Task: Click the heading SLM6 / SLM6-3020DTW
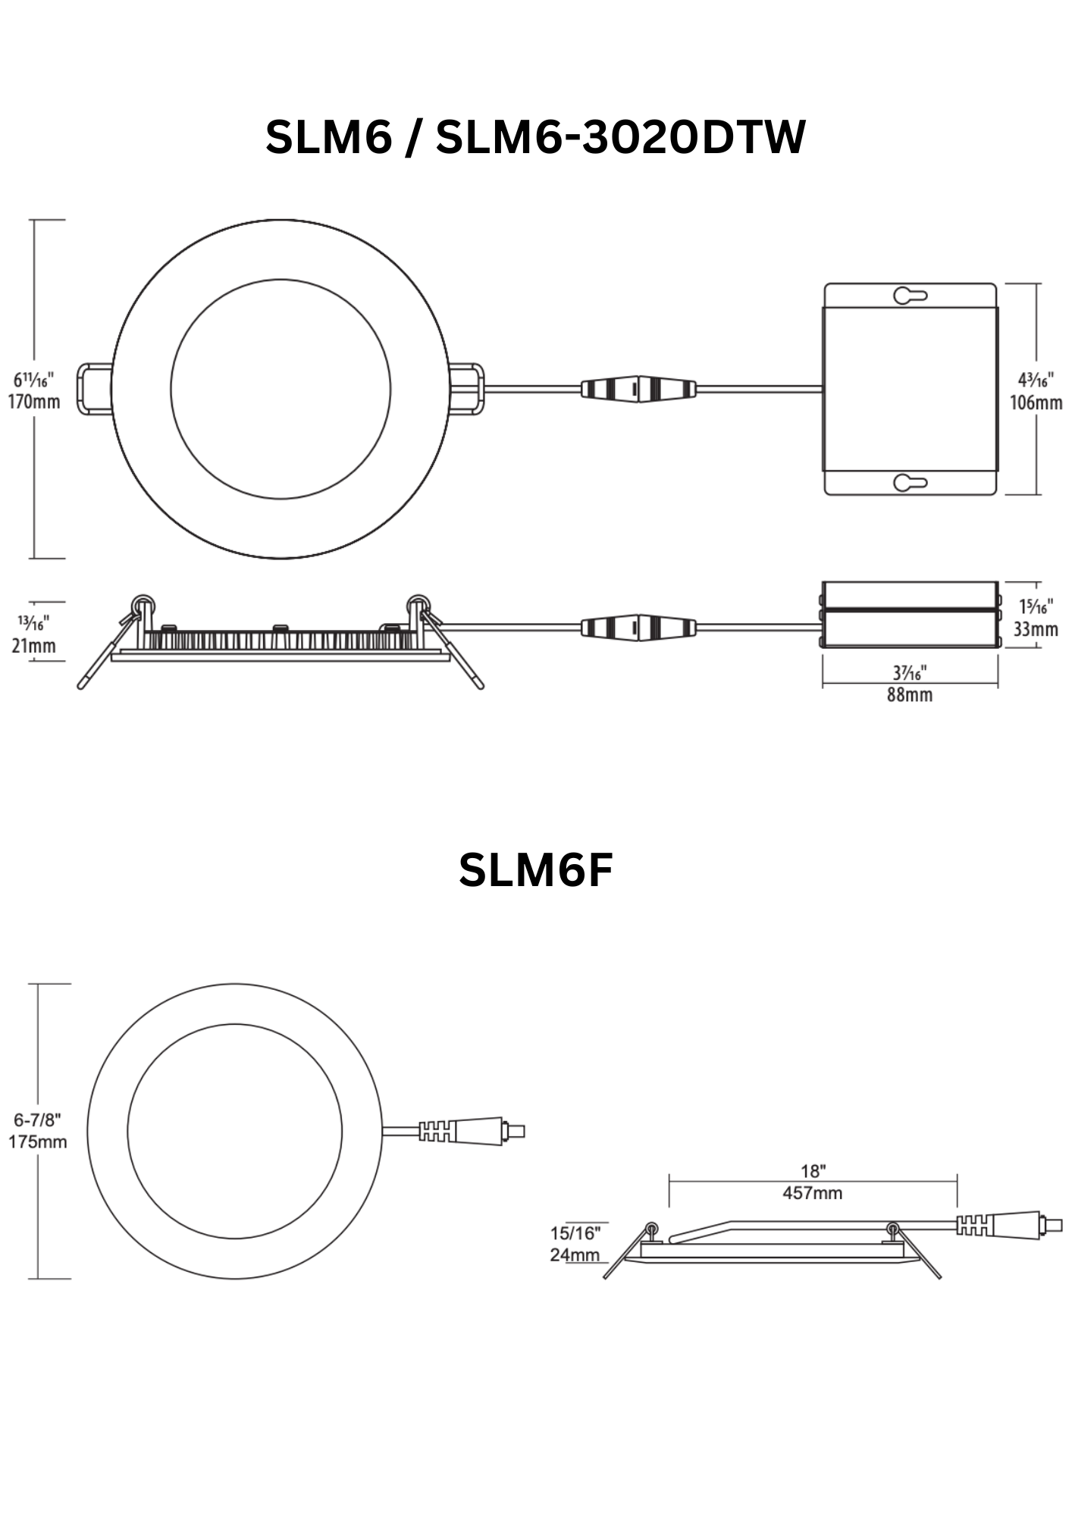[535, 138]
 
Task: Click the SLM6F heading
[535, 870]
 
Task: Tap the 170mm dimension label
[34, 402]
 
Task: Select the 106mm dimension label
[1036, 402]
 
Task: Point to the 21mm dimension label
[34, 646]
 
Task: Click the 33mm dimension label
[1036, 629]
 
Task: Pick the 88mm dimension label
[910, 694]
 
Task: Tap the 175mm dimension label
[38, 1142]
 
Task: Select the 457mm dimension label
[813, 1193]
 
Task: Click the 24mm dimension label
[575, 1254]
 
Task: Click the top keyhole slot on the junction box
[910, 296]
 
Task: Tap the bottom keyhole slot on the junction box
[910, 482]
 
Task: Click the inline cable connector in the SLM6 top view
[638, 389]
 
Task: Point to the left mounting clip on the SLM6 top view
[95, 390]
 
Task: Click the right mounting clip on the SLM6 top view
[467, 390]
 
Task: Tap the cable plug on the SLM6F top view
[472, 1131]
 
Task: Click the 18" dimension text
[813, 1172]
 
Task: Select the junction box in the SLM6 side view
[910, 615]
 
